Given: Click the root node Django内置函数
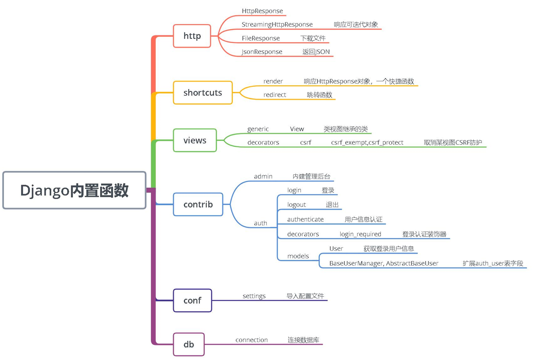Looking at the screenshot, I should point(74,190).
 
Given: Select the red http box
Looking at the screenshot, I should point(192,36).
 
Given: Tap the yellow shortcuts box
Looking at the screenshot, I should point(203,93).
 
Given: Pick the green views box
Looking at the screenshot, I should point(195,140).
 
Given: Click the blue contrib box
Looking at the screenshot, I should point(198,204).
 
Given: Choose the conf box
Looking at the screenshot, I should point(192,300).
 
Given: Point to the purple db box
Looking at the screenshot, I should point(189,344).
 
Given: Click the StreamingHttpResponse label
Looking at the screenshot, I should point(277,24).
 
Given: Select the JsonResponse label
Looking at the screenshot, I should point(262,52).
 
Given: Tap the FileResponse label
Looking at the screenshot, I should point(261,38).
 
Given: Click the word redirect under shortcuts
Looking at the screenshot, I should point(275,95).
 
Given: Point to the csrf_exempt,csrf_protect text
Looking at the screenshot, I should point(367,142).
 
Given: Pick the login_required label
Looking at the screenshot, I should point(360,234).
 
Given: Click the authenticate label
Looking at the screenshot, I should point(305,220).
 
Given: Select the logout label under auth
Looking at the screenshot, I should point(297,204).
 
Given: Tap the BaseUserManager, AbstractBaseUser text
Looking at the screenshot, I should point(383,263).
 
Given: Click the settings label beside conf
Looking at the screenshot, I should point(254,296).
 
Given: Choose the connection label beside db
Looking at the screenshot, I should point(251,340).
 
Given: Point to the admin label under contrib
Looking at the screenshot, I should point(263,176).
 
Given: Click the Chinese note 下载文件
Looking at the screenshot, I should point(313,38).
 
